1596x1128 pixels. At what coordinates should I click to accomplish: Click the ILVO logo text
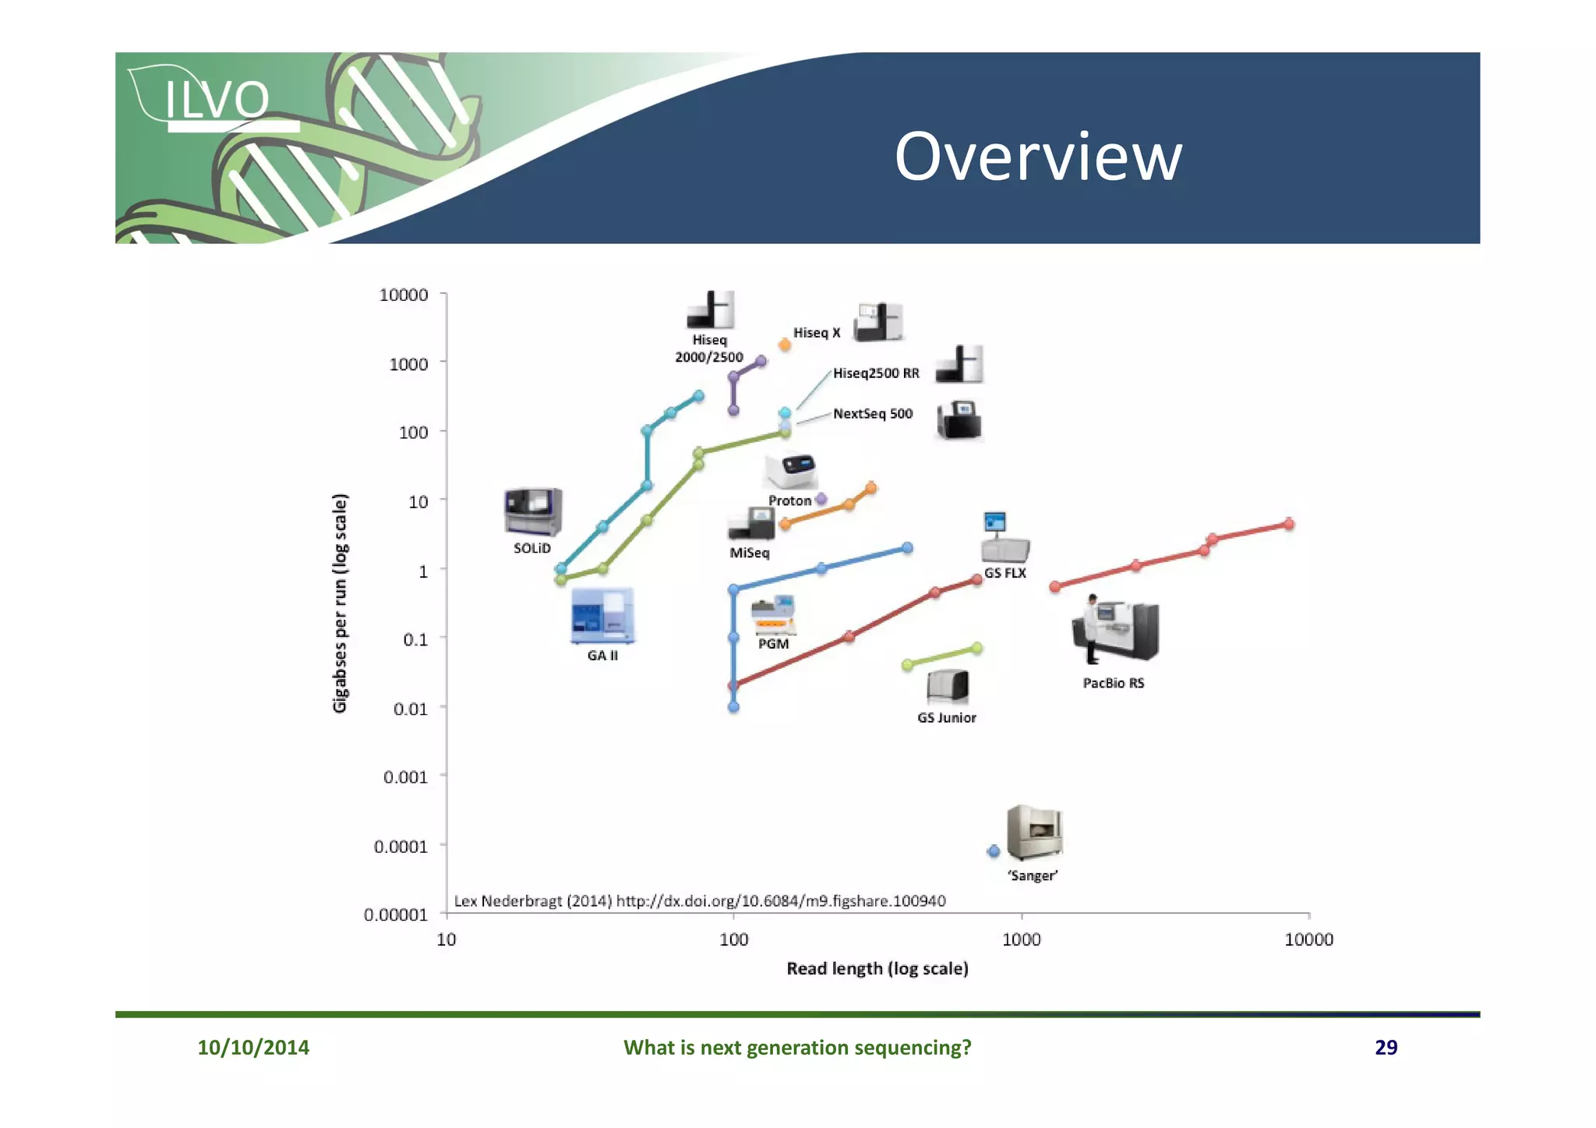tap(217, 100)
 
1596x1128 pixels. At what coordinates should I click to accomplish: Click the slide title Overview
tap(1037, 157)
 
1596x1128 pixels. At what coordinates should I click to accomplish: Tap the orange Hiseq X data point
tap(785, 345)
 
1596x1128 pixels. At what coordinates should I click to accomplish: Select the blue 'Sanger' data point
tap(993, 851)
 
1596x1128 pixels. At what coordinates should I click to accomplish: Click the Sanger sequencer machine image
tap(1034, 833)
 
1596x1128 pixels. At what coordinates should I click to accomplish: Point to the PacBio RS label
tap(1113, 683)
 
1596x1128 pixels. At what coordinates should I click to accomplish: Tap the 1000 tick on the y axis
tap(408, 364)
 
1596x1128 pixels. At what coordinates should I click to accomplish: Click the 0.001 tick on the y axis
tap(405, 777)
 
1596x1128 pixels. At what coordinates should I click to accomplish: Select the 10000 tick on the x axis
tap(1308, 939)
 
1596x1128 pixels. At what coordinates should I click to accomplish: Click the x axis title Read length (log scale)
tap(877, 968)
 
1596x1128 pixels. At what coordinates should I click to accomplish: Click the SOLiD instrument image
tap(533, 511)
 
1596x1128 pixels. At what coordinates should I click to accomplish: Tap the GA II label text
tap(602, 656)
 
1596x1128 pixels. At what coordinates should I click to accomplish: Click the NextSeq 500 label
tap(872, 414)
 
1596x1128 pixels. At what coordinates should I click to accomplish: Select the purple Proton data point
tap(821, 499)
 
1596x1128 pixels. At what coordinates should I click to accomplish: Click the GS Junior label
tap(946, 718)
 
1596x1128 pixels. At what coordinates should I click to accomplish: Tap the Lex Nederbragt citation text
tap(699, 901)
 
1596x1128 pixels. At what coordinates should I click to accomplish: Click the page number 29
tap(1385, 1047)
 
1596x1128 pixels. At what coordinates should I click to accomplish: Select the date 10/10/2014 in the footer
tap(253, 1047)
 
